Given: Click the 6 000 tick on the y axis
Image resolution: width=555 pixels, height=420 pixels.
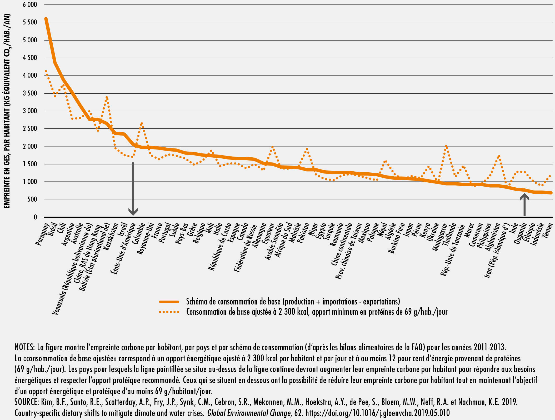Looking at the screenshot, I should click(30, 5).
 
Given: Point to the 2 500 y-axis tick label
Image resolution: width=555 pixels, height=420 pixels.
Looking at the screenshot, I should click(30, 129).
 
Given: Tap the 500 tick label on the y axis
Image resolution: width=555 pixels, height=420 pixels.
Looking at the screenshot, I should click(32, 199).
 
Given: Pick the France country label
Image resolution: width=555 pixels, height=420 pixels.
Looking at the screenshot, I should click(157, 231).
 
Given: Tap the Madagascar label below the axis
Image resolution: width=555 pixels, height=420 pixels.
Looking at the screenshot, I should click(439, 237).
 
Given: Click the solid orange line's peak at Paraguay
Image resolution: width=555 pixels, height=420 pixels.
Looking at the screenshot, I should click(46, 19).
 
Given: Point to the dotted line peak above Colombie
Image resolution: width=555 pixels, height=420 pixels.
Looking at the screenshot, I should click(142, 123).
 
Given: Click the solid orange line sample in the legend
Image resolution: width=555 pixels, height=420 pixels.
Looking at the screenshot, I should click(169, 302).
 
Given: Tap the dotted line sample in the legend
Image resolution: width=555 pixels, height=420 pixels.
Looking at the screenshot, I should click(169, 312).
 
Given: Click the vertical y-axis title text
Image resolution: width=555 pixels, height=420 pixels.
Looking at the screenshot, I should click(7, 111).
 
